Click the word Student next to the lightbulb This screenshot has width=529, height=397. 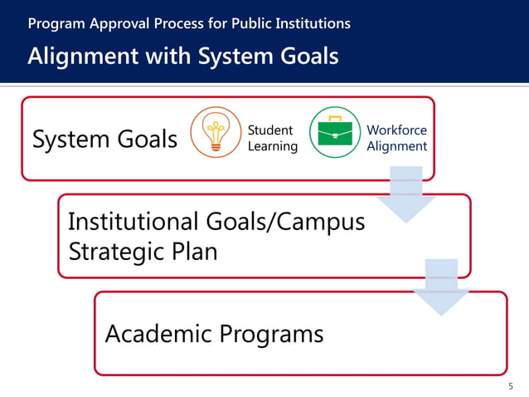269,130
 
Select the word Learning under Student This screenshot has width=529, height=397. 273,146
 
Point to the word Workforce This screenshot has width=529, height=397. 396,130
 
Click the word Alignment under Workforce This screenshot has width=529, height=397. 396,146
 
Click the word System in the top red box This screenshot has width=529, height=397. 69,140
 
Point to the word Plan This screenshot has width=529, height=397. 197,250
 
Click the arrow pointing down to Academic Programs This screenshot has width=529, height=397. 440,287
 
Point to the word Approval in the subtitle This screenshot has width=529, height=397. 112,23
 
